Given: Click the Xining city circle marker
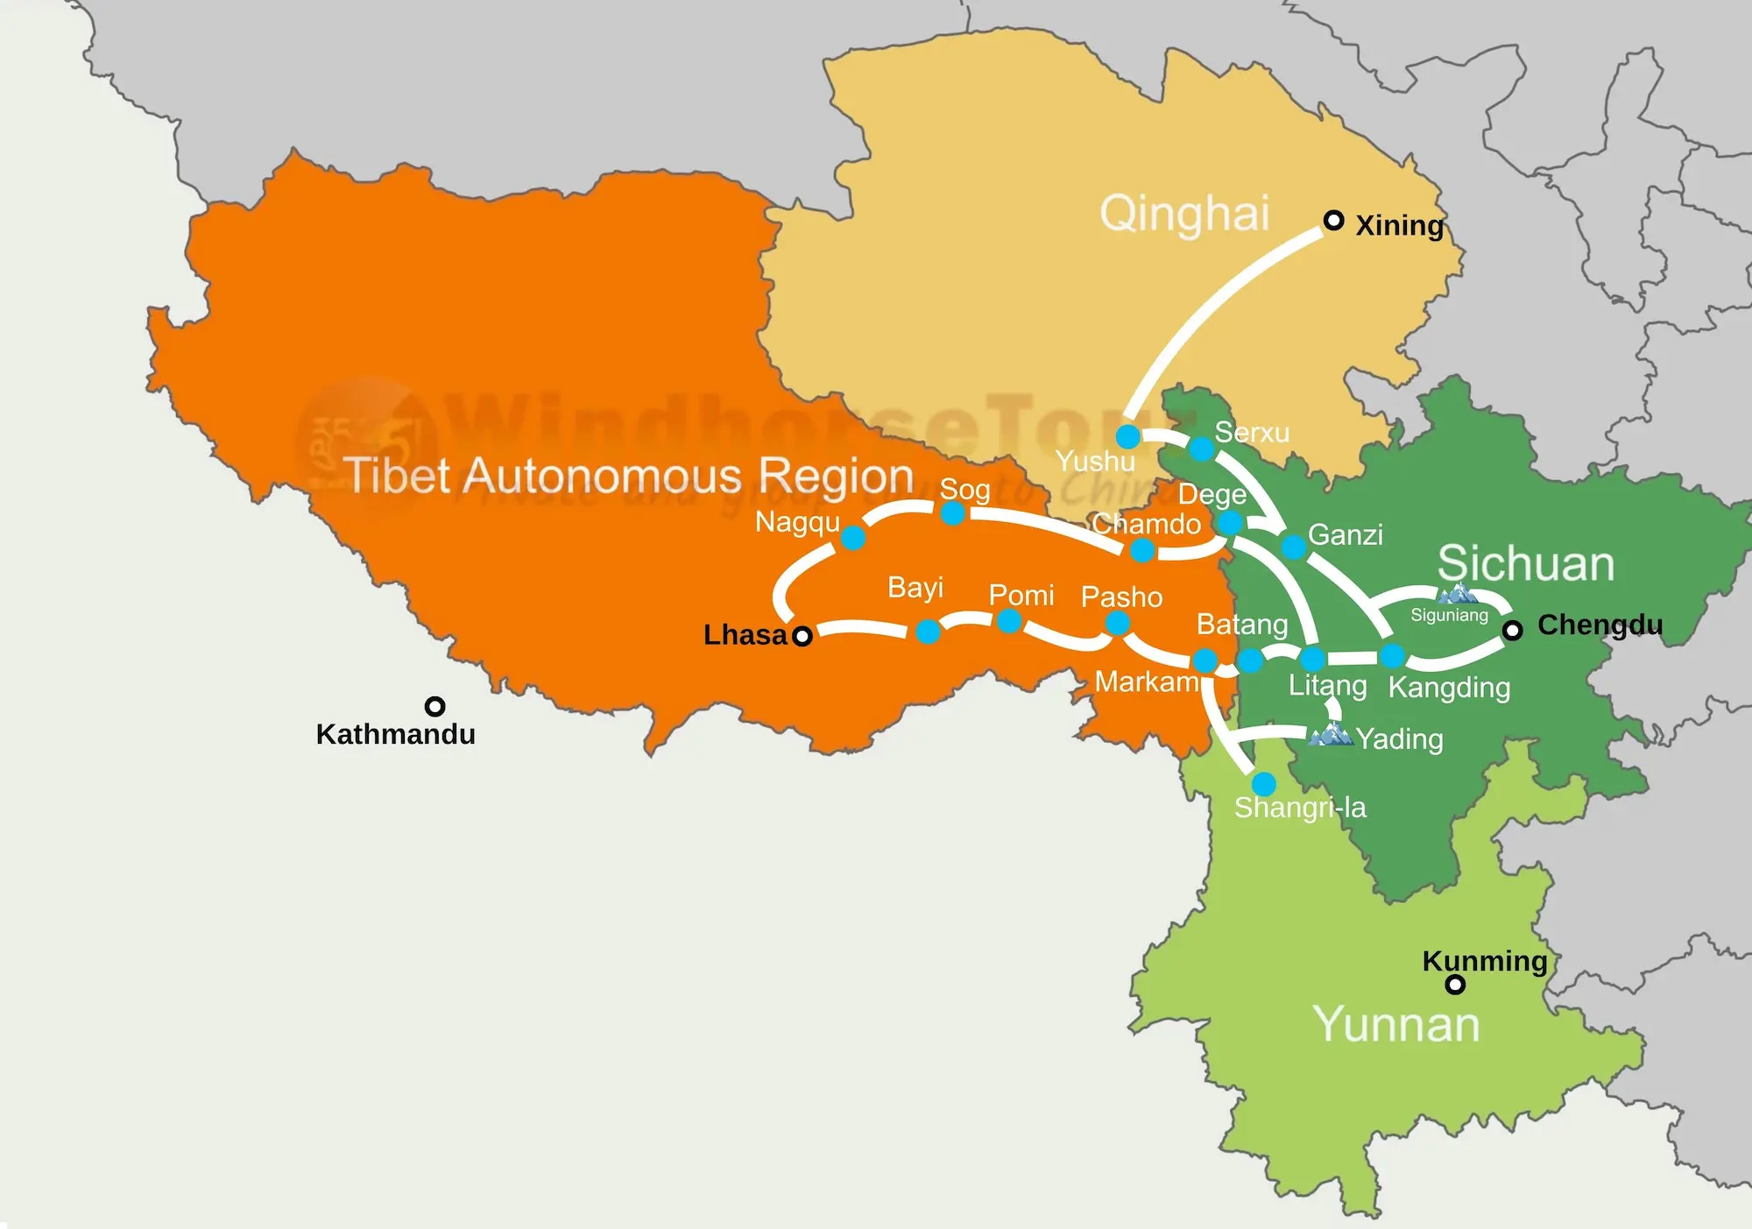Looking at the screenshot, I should pos(1333,220).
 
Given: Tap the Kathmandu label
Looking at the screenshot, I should pos(395,734).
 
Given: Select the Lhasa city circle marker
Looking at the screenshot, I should pos(802,636).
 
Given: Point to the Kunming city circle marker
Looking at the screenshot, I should pos(1455,985).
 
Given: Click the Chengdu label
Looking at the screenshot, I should pos(1600,625).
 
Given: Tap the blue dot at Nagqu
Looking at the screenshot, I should pos(853,537).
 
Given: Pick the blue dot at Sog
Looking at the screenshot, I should pos(953,512).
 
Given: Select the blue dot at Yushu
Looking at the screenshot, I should pos(1127,436).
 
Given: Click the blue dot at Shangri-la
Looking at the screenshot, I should pos(1263,783).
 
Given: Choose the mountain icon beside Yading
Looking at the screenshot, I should pos(1331,733).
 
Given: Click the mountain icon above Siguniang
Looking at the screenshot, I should pos(1457,595).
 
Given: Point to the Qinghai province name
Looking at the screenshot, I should pos(1184,214).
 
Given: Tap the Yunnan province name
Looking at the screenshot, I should pos(1395,1024).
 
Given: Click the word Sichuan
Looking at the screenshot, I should pos(1525,563).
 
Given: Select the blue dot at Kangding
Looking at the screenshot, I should pos(1392,655).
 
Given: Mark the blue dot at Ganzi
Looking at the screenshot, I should pos(1294,547).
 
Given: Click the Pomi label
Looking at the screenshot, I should pos(1021,596).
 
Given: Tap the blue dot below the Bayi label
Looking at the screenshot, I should pos(928,631).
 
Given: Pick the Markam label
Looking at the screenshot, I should pos(1147,682).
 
